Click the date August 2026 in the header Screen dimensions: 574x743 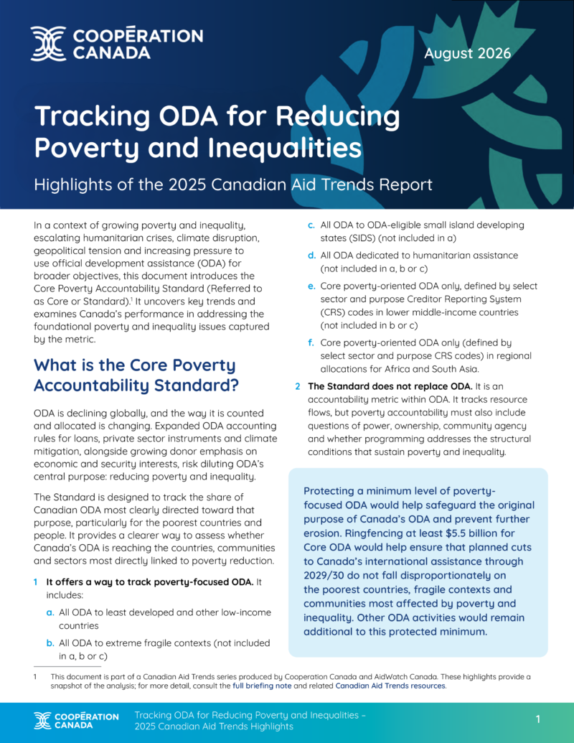(467, 53)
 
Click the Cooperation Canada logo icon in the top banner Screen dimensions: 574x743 (48, 44)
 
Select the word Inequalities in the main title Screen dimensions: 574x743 (285, 148)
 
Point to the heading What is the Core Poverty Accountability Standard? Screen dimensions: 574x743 (136, 375)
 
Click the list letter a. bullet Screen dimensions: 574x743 (50, 612)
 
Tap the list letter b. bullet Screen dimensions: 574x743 (50, 643)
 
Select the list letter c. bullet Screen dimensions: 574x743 (311, 225)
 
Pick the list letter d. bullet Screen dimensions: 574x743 (311, 256)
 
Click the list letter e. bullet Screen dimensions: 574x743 (311, 286)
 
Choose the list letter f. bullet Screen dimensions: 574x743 (311, 342)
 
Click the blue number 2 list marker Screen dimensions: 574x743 (298, 387)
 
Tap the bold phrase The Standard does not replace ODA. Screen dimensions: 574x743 (390, 386)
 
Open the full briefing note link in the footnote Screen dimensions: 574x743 (262, 686)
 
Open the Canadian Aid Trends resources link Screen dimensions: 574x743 (390, 686)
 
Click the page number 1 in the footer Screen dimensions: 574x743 (538, 719)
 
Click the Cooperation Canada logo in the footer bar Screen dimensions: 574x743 (76, 720)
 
